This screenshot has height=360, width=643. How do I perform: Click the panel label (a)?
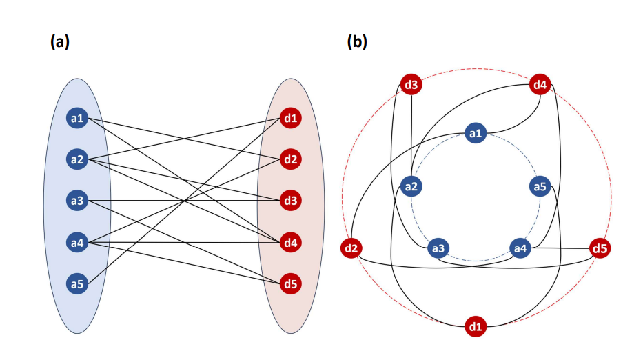tap(60, 41)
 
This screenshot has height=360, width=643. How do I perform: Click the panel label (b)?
tap(357, 41)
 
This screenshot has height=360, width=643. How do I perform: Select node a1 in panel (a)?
tap(77, 119)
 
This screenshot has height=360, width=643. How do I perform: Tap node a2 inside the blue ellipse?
tap(77, 160)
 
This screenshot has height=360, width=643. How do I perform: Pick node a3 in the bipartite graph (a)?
tap(77, 201)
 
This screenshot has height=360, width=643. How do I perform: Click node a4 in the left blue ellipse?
tap(77, 243)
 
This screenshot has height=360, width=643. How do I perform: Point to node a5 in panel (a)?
tap(77, 283)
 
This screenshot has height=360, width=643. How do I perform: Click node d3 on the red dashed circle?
tap(411, 86)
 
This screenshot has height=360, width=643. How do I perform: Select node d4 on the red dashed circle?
tap(540, 86)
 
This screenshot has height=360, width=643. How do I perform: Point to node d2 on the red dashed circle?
tap(352, 247)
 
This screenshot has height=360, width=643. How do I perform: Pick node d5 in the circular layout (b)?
tap(600, 247)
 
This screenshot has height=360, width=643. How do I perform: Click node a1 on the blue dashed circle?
tap(476, 133)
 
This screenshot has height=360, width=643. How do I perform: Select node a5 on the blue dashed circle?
tap(540, 186)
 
